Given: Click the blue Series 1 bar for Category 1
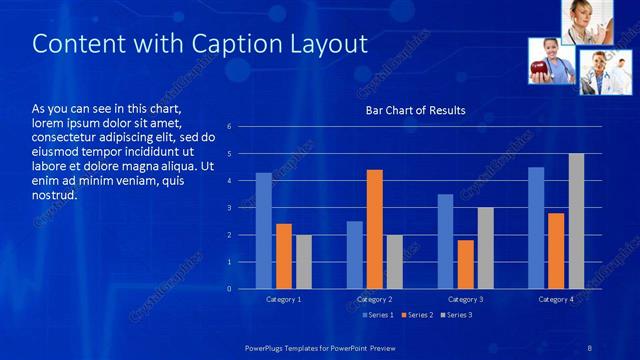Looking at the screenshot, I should click(263, 231).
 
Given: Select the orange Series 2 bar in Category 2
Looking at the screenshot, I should click(375, 229).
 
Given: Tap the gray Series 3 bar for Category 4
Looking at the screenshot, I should click(577, 221).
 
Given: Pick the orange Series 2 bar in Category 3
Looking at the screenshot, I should click(465, 264).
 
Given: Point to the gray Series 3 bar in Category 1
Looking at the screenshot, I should click(304, 262).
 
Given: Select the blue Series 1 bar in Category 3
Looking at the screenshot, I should click(445, 241).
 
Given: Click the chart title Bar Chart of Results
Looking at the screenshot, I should click(415, 110).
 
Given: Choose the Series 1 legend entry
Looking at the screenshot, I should click(377, 316).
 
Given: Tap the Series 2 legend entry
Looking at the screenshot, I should click(418, 316).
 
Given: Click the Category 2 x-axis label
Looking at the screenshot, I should click(374, 299).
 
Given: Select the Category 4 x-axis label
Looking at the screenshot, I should click(556, 299).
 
